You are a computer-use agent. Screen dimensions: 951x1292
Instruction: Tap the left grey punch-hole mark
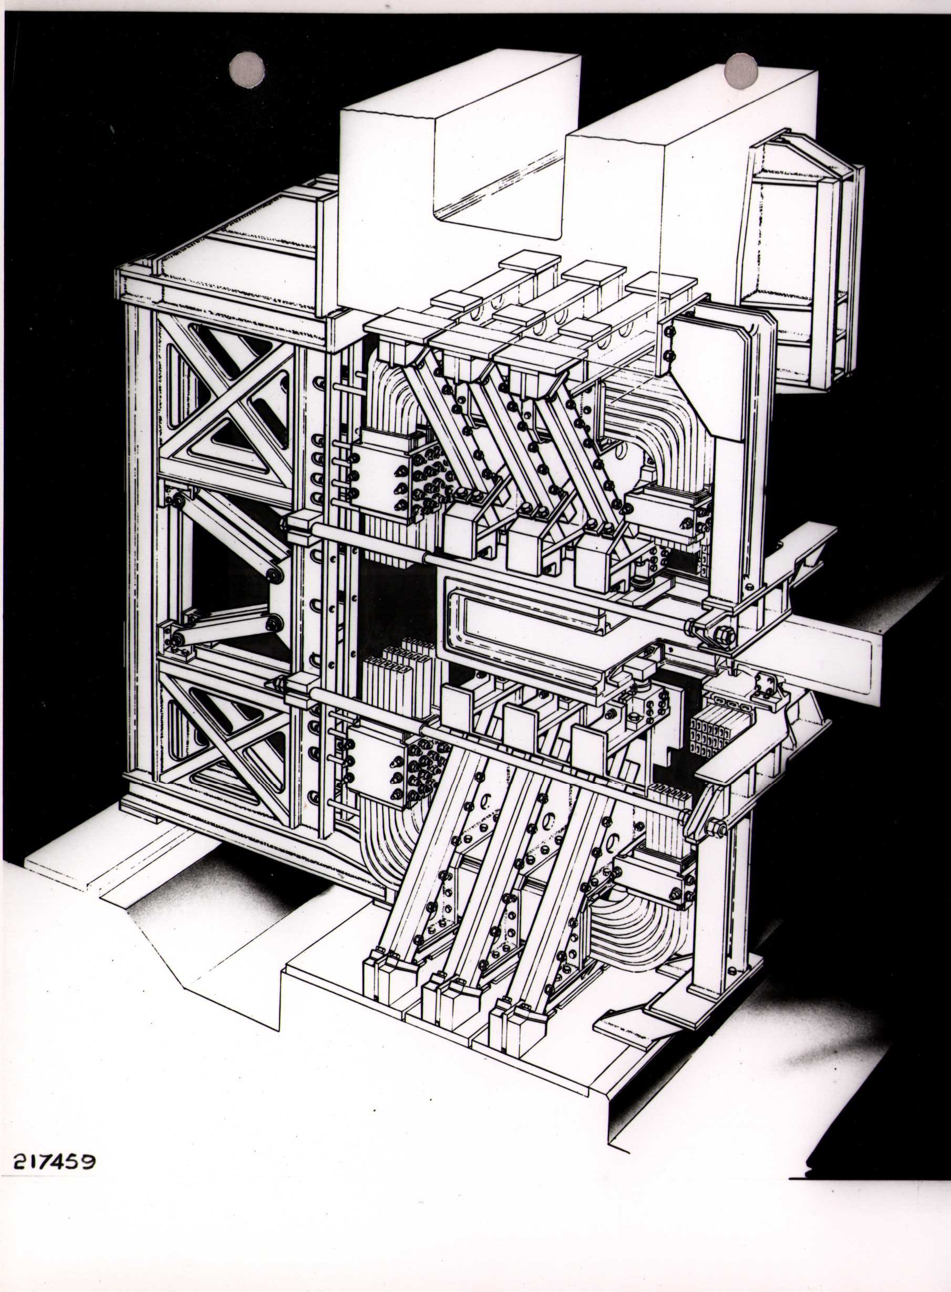[247, 69]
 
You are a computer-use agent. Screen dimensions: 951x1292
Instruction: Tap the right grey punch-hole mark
[741, 71]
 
